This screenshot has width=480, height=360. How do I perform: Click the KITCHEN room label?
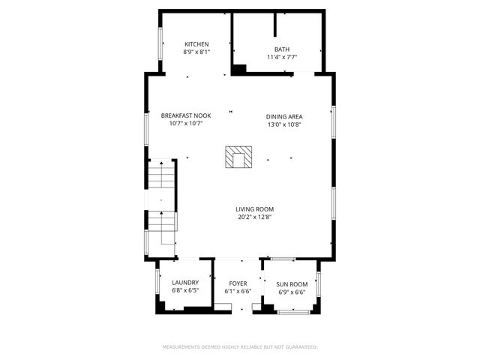click(196, 44)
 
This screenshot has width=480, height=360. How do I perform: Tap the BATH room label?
click(281, 49)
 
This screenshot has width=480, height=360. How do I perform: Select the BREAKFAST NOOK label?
click(186, 115)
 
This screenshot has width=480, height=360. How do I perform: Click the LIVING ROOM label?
click(255, 209)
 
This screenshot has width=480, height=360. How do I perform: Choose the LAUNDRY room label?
click(185, 283)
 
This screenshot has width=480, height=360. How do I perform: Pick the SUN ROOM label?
click(291, 283)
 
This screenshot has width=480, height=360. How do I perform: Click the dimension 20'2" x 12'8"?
click(255, 217)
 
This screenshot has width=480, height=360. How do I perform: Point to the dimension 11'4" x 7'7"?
click(281, 57)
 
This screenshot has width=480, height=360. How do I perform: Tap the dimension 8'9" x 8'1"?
click(196, 52)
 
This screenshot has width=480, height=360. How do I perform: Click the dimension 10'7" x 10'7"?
click(186, 124)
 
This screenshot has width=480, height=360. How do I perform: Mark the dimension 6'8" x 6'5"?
click(185, 291)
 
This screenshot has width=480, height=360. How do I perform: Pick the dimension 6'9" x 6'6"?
click(291, 292)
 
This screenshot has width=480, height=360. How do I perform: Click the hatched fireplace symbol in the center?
click(240, 157)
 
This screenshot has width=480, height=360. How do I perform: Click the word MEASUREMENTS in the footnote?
click(184, 347)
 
